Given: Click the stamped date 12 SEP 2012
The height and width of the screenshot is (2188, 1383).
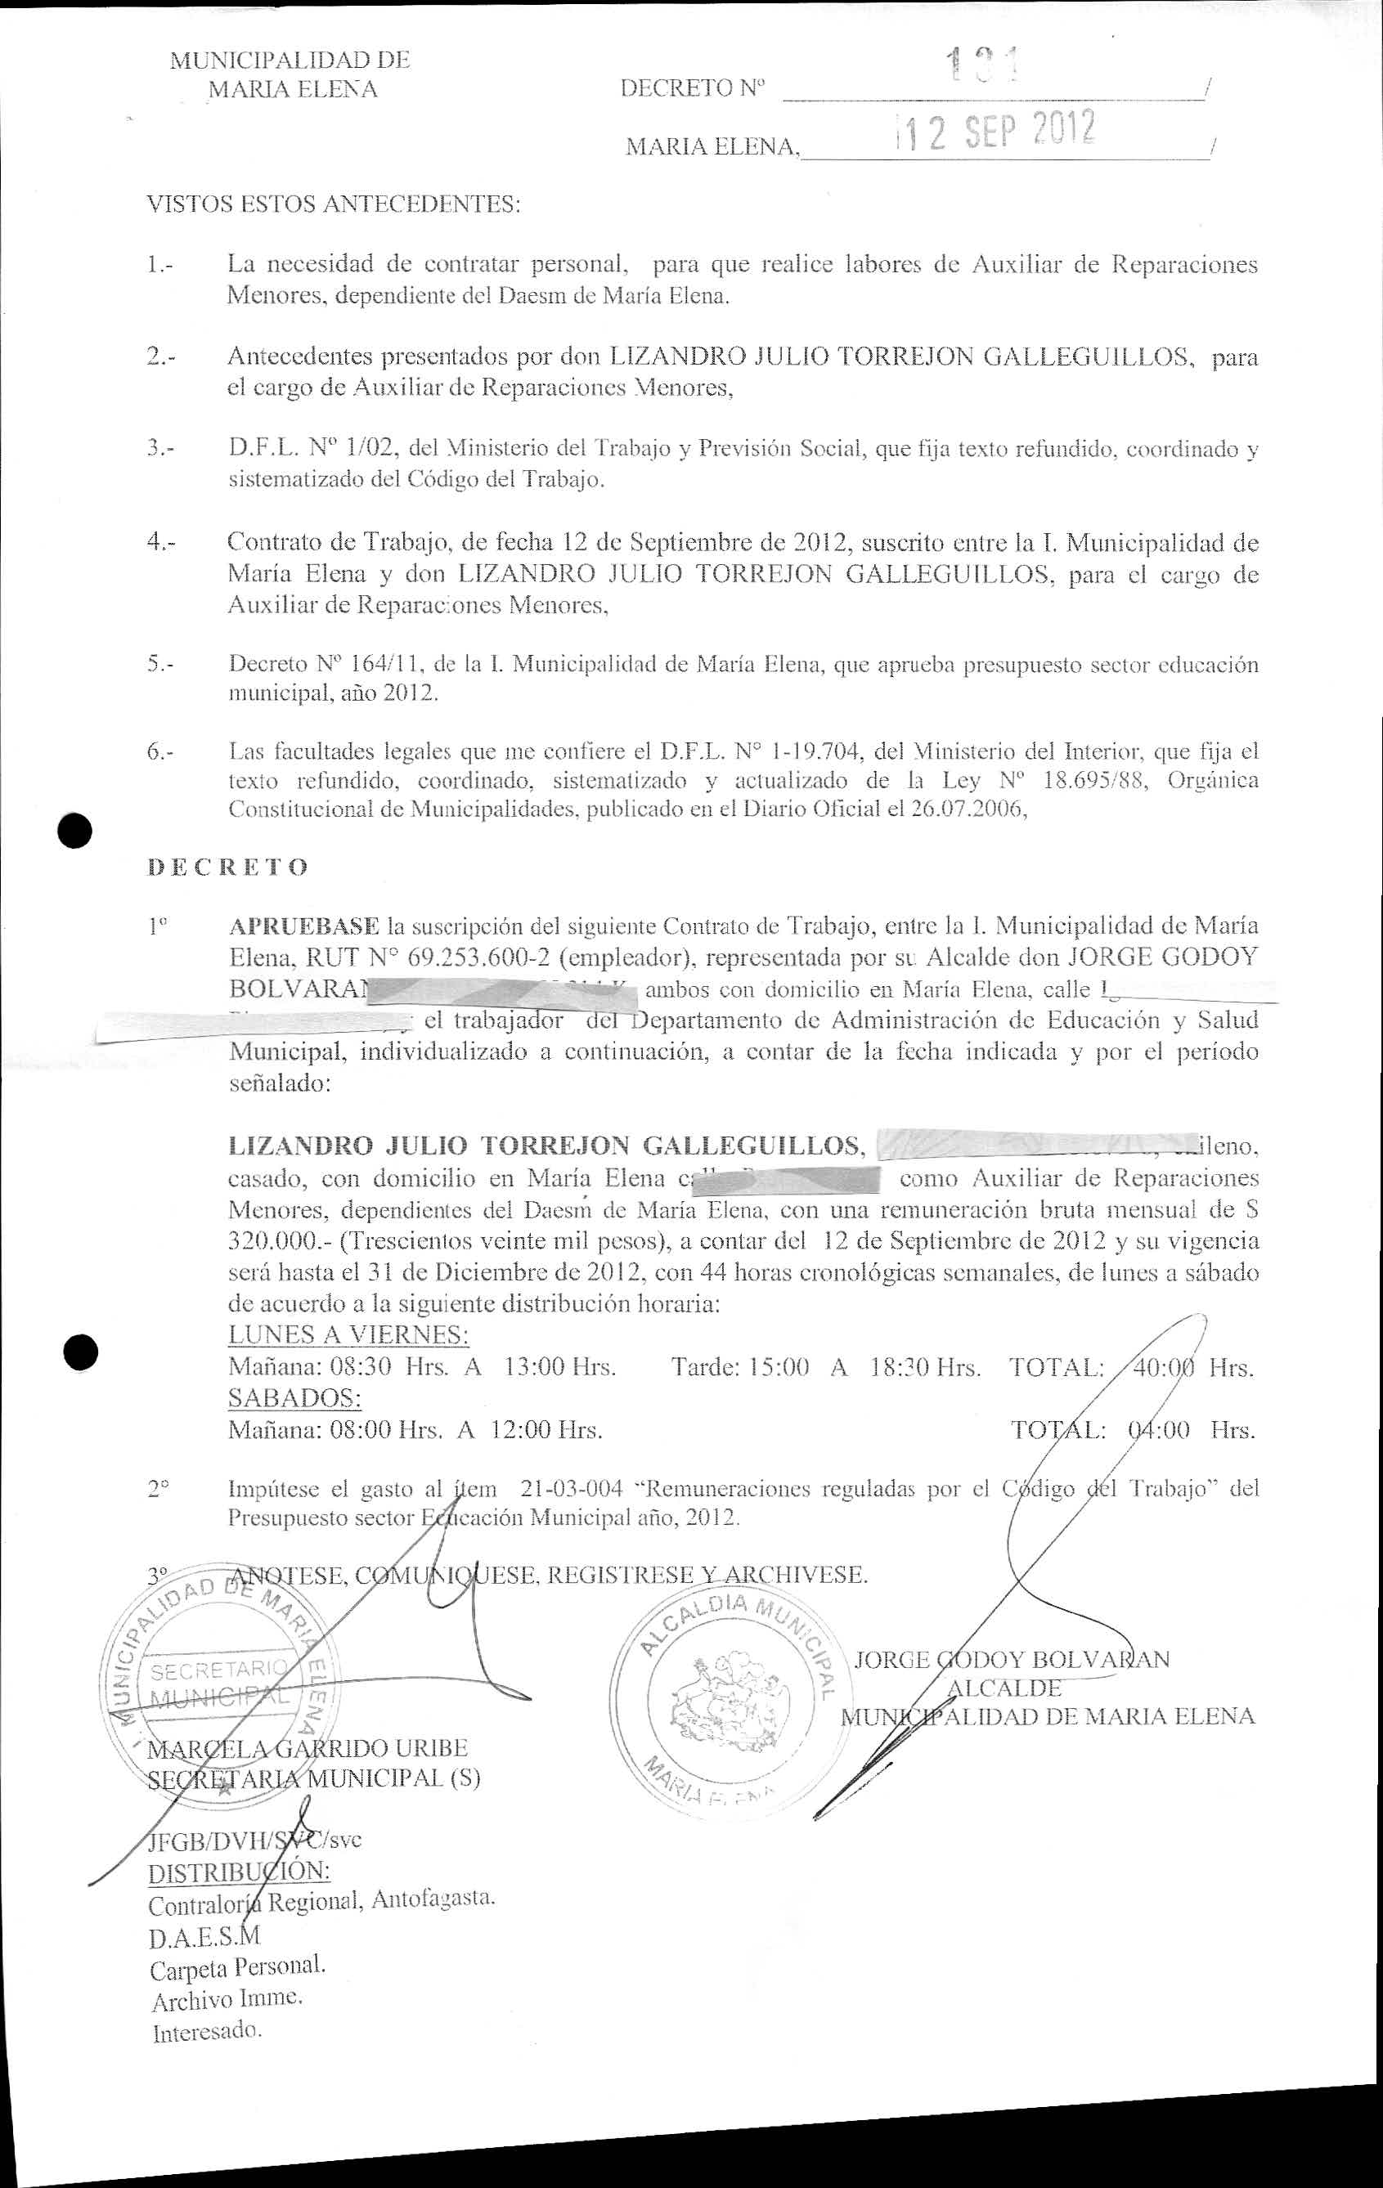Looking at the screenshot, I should point(995,132).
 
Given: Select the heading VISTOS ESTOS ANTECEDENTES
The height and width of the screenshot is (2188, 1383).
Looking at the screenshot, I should point(334,204).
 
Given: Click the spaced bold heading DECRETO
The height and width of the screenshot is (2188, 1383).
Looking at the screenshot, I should point(227,867).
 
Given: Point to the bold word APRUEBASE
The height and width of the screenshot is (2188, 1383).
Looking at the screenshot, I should point(304,927).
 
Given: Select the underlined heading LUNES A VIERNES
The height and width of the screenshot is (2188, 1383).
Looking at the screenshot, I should point(349,1334).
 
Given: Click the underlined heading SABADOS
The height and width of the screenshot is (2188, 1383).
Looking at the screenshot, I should point(295,1397).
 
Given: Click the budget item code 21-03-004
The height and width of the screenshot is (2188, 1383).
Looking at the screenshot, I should point(572,1488).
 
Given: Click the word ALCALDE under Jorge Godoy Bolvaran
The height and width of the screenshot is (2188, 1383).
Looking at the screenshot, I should point(1004,1688).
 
